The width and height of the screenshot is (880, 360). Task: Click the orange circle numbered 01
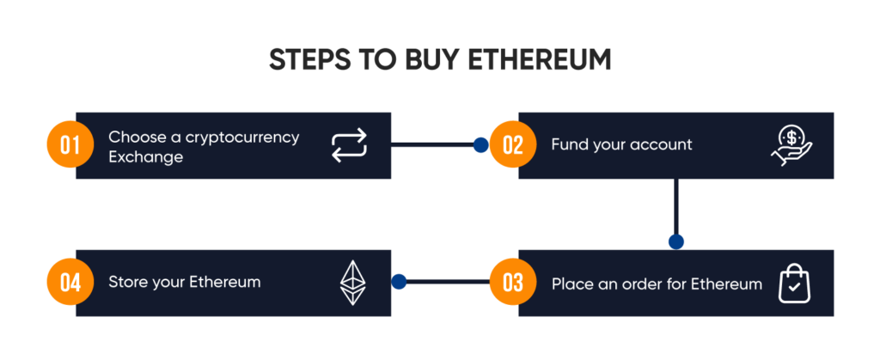pyautogui.click(x=70, y=145)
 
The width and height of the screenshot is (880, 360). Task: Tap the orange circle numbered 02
pyautogui.click(x=513, y=145)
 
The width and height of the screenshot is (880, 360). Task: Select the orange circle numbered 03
pyautogui.click(x=513, y=283)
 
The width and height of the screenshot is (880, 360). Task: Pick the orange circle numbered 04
pyautogui.click(x=70, y=283)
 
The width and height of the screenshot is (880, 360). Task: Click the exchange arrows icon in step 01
pyautogui.click(x=349, y=145)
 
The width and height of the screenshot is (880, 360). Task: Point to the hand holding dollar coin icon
pyautogui.click(x=791, y=145)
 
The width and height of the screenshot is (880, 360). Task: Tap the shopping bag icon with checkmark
pyautogui.click(x=794, y=284)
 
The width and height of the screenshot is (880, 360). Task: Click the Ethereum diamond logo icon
pyautogui.click(x=351, y=283)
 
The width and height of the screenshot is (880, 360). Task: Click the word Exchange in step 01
pyautogui.click(x=145, y=157)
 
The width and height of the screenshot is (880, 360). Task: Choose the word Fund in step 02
pyautogui.click(x=570, y=145)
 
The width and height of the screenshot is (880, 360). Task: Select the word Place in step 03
pyautogui.click(x=571, y=284)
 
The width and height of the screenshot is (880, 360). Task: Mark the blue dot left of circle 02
pyautogui.click(x=480, y=145)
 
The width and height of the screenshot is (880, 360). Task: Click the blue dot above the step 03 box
pyautogui.click(x=676, y=241)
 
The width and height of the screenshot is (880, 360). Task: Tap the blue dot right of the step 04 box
pyautogui.click(x=398, y=281)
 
